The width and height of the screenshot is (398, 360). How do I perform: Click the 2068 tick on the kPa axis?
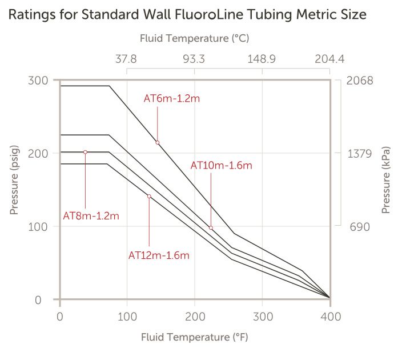[x=359, y=80]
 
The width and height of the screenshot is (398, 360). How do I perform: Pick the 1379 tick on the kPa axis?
[x=359, y=153]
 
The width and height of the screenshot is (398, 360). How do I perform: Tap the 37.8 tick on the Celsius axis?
[x=126, y=59]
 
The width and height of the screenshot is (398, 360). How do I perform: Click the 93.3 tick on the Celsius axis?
[x=194, y=59]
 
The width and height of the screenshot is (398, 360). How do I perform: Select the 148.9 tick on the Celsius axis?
[x=262, y=59]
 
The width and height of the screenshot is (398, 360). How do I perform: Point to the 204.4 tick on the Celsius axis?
[x=329, y=59]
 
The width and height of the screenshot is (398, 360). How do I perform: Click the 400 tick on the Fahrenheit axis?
[x=330, y=316]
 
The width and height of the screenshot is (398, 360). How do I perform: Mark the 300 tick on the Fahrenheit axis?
[x=263, y=316]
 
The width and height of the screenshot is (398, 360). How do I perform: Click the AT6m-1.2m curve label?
[x=171, y=98]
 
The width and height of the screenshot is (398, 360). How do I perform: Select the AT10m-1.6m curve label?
[x=221, y=166]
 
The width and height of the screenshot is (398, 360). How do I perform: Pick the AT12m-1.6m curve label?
[x=159, y=255]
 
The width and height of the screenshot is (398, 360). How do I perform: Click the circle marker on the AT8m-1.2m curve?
[x=85, y=152]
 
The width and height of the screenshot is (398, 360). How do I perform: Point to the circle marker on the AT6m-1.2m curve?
[x=157, y=142]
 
